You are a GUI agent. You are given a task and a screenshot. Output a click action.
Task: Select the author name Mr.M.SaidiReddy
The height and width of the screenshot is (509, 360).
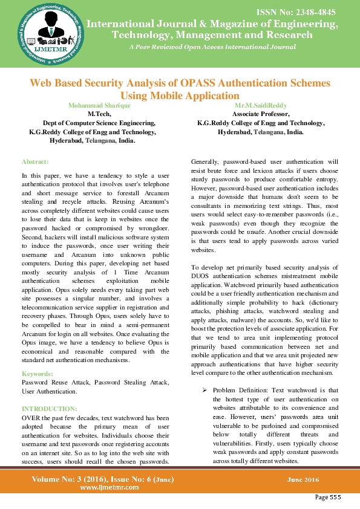pos(261,105)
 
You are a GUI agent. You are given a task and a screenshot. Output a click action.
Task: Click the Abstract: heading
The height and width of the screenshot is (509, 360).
pos(35,162)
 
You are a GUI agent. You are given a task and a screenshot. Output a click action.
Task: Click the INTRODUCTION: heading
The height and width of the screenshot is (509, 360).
pos(49,408)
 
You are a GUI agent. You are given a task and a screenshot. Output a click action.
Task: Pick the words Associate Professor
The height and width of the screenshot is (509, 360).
pos(261,114)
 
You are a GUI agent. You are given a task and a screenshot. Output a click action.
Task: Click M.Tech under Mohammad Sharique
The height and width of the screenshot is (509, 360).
pos(97,114)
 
